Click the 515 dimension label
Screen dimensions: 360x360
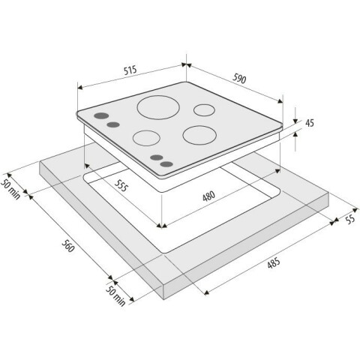click(130, 70)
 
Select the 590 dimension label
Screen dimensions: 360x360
click(239, 79)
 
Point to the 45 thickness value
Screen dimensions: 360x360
click(310, 123)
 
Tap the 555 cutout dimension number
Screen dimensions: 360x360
click(121, 186)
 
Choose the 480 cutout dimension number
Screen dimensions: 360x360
click(208, 196)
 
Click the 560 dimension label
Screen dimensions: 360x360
click(67, 246)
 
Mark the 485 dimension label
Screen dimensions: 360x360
click(273, 263)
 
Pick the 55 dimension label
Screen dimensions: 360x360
click(350, 219)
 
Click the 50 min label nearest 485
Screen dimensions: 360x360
click(115, 296)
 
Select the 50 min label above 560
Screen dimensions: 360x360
click(10, 189)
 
